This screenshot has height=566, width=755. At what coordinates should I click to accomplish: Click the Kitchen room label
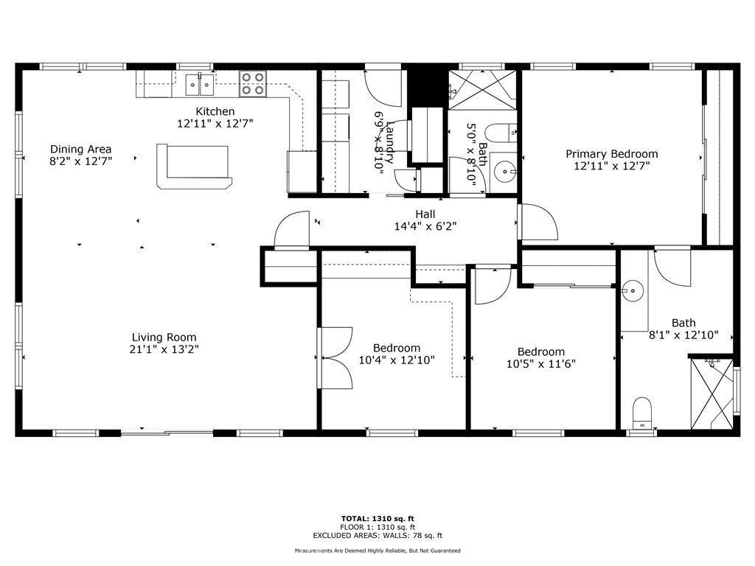click(215, 111)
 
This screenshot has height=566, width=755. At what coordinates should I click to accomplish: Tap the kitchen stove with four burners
click(252, 85)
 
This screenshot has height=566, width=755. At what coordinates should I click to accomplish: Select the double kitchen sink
click(199, 85)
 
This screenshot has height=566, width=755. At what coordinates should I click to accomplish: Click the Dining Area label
click(81, 149)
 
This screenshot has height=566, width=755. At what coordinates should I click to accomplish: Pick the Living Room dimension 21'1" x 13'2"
click(164, 349)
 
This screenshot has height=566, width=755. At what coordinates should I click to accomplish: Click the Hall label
click(425, 214)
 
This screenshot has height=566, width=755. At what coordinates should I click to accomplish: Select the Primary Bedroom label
click(611, 154)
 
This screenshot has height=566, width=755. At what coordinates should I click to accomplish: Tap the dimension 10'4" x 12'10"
click(397, 360)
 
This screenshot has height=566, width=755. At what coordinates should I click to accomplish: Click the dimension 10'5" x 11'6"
click(540, 363)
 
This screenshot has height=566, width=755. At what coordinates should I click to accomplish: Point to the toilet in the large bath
click(643, 413)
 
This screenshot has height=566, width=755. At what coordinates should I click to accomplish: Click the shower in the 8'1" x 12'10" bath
click(711, 394)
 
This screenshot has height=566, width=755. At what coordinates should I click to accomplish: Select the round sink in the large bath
click(632, 291)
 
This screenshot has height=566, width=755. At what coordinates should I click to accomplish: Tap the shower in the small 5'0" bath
click(484, 88)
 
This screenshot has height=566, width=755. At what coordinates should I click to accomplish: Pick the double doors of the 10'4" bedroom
click(335, 358)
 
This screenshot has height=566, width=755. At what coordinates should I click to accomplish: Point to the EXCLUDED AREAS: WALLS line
click(377, 536)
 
